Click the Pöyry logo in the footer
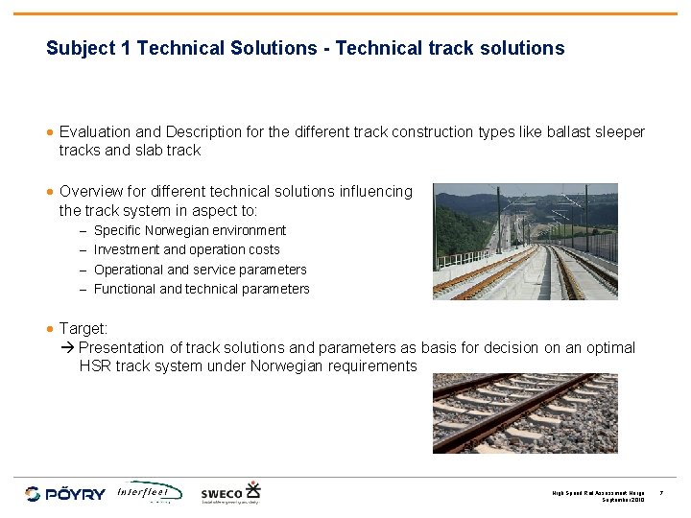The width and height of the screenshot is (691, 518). point(64,493)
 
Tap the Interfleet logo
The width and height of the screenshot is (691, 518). point(149,492)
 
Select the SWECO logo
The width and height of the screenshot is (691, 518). point(230,492)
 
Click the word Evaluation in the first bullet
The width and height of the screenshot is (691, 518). point(97,131)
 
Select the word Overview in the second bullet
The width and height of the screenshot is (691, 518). point(90,192)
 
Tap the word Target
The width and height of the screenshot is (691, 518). point(83,328)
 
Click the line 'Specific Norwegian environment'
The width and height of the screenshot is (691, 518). point(189,230)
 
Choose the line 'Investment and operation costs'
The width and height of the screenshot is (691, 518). point(186,249)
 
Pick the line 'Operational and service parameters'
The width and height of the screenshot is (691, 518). point(200,270)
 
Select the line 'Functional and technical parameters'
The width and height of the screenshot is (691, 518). point(202,289)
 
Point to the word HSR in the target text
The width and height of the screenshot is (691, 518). point(96,366)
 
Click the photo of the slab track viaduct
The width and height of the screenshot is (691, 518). point(525,242)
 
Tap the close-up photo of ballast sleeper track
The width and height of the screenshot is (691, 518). point(525,412)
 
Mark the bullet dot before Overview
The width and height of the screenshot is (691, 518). point(51,192)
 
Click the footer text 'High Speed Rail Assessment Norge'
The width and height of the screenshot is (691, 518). point(598,493)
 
